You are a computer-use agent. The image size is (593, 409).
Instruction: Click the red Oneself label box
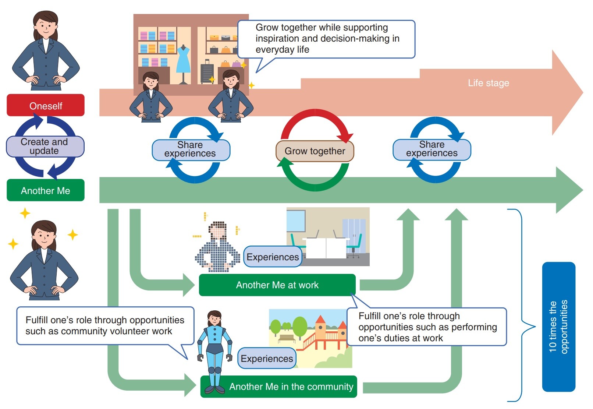(x=46, y=105)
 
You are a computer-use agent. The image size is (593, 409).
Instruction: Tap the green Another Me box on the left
(x=46, y=190)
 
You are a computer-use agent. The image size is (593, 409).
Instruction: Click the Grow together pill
(x=315, y=151)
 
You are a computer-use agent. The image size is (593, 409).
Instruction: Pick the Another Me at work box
(x=277, y=285)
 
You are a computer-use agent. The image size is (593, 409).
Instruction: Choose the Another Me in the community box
(x=278, y=387)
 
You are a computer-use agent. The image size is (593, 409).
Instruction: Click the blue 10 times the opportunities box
(x=558, y=327)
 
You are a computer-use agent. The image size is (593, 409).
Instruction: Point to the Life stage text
(x=489, y=83)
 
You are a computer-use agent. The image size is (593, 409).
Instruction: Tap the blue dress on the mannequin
(x=183, y=59)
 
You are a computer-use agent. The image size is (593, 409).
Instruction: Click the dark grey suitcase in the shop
(x=207, y=71)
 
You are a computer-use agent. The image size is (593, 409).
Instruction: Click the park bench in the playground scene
(x=287, y=338)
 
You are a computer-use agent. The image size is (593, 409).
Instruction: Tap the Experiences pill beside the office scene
(x=273, y=257)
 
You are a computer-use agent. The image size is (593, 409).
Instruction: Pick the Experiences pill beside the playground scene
(x=267, y=358)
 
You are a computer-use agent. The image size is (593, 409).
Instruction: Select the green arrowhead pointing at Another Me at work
(x=189, y=285)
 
